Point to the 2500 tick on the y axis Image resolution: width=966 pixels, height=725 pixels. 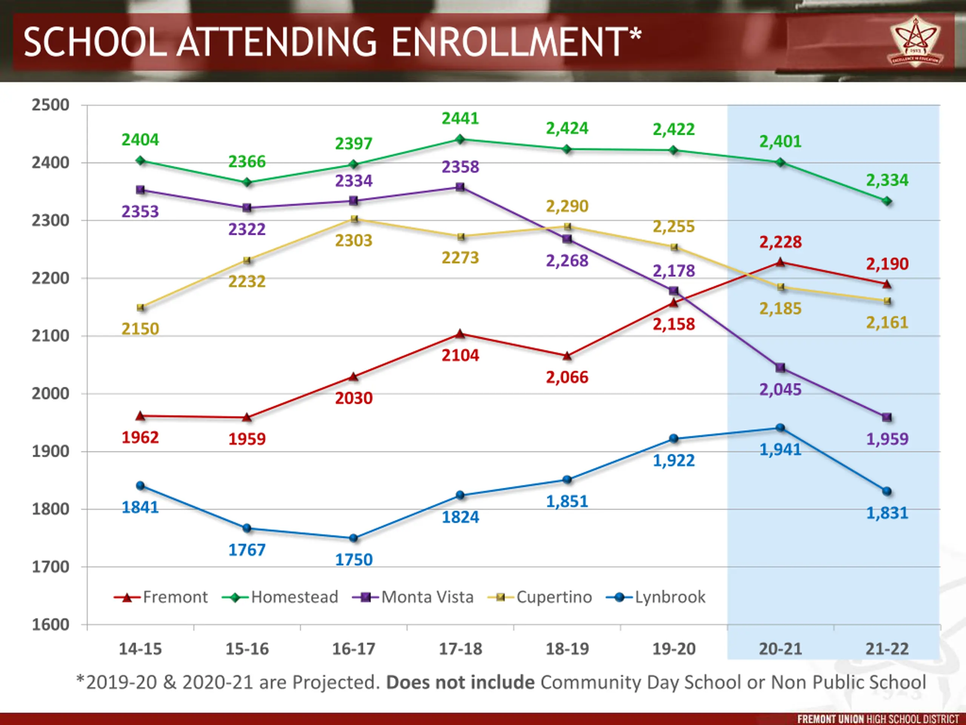pyautogui.click(x=50, y=105)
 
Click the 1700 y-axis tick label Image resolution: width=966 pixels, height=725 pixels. pyautogui.click(x=50, y=567)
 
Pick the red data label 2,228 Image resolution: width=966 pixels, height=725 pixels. pyautogui.click(x=780, y=242)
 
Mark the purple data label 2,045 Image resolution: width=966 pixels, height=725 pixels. pyautogui.click(x=780, y=389)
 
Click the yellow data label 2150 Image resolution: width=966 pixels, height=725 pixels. pyautogui.click(x=140, y=329)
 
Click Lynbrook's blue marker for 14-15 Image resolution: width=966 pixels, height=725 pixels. pyautogui.click(x=140, y=486)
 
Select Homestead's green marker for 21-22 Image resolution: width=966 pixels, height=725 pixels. pyautogui.click(x=887, y=201)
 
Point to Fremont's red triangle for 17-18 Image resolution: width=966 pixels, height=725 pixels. pyautogui.click(x=460, y=334)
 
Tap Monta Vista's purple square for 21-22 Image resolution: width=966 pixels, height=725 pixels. pyautogui.click(x=887, y=417)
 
